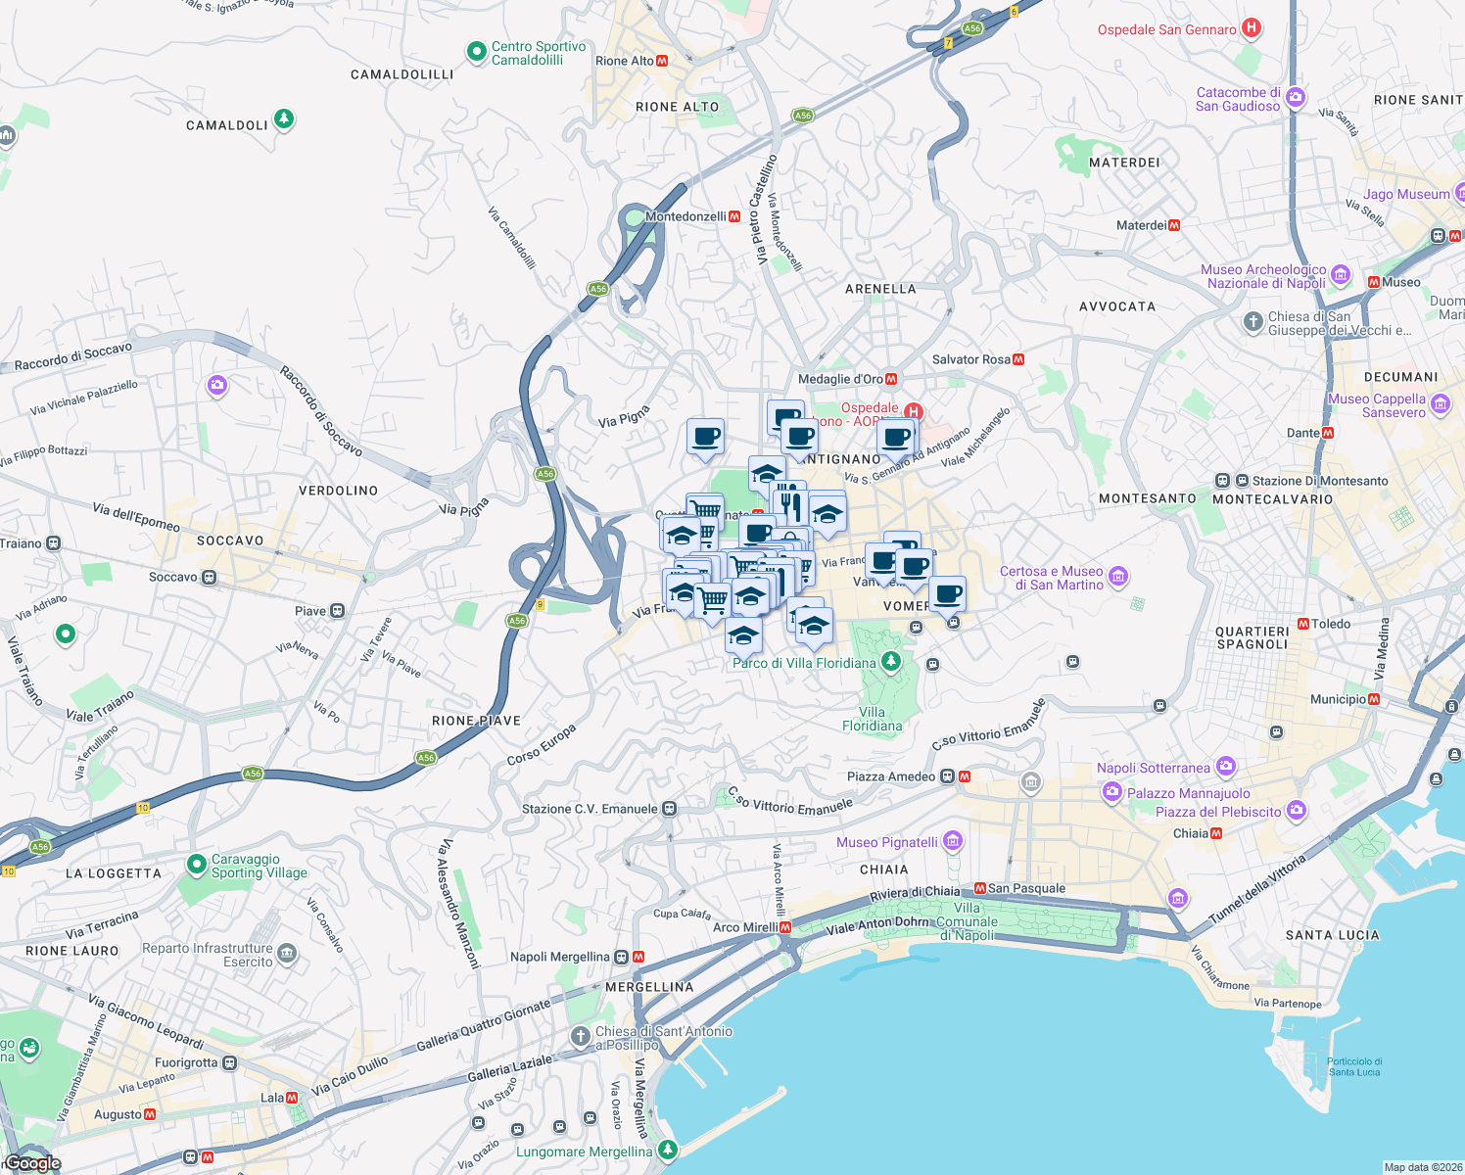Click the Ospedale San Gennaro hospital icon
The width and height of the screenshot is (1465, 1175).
coord(1251,28)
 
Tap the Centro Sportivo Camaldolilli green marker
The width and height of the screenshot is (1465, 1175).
coord(477,52)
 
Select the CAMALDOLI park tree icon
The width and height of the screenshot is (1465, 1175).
coord(284,119)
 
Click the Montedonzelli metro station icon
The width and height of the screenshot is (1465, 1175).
coord(734,216)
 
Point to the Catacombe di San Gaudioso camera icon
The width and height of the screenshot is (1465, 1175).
coord(1296,97)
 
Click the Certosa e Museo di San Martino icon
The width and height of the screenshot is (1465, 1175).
coord(1119,577)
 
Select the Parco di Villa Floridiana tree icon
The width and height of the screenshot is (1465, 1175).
coord(890,662)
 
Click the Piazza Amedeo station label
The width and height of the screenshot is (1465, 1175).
coord(890,776)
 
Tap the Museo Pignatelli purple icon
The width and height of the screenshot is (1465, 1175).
coord(954,841)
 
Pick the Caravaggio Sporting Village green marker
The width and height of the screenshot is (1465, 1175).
coord(195,867)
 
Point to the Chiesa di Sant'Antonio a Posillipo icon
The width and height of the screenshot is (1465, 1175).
coord(581,1035)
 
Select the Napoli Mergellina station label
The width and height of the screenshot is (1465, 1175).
coord(559,957)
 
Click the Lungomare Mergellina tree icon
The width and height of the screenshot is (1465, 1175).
coord(668,1150)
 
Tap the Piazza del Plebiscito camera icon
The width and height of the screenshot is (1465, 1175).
coord(1297,810)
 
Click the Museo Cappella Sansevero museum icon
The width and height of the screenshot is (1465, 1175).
coord(1440,403)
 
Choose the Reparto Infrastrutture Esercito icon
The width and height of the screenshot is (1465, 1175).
coord(287,954)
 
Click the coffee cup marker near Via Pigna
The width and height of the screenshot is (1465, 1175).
coord(705,437)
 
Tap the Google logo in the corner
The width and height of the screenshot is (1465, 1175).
coord(32,1163)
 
